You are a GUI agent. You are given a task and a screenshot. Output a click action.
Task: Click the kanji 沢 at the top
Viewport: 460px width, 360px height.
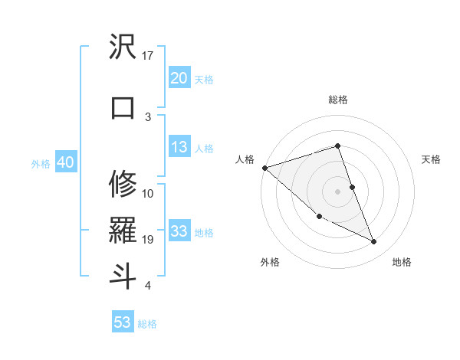pyautogui.click(x=123, y=48)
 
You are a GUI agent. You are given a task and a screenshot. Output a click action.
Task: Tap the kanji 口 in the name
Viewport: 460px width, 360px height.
pyautogui.click(x=123, y=107)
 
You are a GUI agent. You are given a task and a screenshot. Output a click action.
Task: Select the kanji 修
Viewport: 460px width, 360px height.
pyautogui.click(x=123, y=184)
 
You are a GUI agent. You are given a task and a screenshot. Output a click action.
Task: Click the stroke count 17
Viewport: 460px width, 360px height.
pyautogui.click(x=148, y=56)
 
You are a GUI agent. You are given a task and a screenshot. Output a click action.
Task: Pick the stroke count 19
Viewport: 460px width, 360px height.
pyautogui.click(x=148, y=240)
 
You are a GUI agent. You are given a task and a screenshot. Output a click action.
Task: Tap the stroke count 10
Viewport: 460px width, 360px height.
pyautogui.click(x=148, y=193)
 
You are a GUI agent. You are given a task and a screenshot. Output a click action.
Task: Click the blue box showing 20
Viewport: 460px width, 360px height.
pyautogui.click(x=179, y=77)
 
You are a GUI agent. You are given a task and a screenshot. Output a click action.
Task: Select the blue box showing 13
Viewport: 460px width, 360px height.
pyautogui.click(x=179, y=147)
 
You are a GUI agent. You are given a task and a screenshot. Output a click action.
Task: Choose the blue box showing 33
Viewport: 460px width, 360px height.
pyautogui.click(x=179, y=231)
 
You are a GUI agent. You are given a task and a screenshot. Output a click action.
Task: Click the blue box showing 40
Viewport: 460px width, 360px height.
pyautogui.click(x=65, y=162)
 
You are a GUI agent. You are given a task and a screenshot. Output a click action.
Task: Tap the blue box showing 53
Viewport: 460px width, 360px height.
pyautogui.click(x=122, y=322)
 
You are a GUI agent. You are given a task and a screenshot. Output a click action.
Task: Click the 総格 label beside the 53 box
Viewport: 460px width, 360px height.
pyautogui.click(x=147, y=324)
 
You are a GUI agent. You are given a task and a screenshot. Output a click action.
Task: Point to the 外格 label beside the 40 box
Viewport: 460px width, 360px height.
pyautogui.click(x=41, y=163)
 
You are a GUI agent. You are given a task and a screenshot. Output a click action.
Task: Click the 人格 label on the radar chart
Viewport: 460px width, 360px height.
pyautogui.click(x=245, y=159)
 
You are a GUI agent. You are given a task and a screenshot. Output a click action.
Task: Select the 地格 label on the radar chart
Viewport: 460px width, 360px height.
pyautogui.click(x=402, y=262)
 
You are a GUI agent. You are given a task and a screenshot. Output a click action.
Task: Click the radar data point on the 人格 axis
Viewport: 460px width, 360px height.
pyautogui.click(x=264, y=168)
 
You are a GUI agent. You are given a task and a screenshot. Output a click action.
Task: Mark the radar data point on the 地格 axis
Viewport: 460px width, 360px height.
pyautogui.click(x=374, y=242)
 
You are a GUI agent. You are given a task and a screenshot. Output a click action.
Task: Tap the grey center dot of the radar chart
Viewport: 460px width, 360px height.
pyautogui.click(x=337, y=191)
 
